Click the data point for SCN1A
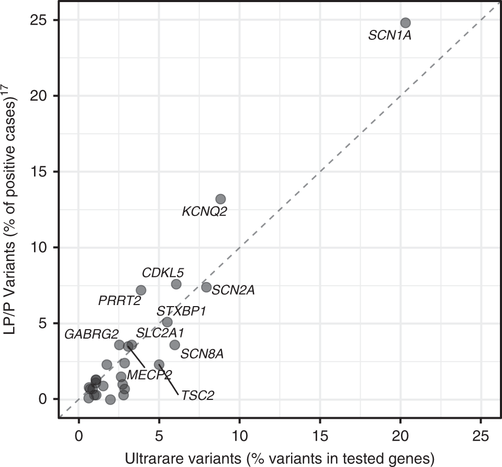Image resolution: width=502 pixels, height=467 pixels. [x=405, y=23]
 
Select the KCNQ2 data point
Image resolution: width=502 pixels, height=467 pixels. [x=220, y=199]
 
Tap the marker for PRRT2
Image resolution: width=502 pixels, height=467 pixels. [x=141, y=290]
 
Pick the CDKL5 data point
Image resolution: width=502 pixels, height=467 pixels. [x=176, y=284]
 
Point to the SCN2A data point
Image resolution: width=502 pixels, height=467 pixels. [x=206, y=287]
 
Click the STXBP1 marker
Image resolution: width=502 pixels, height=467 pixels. [x=168, y=322]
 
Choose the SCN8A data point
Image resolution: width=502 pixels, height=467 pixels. [x=175, y=344]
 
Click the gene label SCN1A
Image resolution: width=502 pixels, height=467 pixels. [x=390, y=36]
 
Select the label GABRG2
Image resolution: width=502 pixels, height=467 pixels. [x=92, y=334]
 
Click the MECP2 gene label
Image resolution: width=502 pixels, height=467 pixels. [x=149, y=375]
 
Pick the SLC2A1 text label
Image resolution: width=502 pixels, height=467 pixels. [x=160, y=333]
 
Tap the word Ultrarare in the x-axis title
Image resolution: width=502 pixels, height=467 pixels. [x=148, y=458]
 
